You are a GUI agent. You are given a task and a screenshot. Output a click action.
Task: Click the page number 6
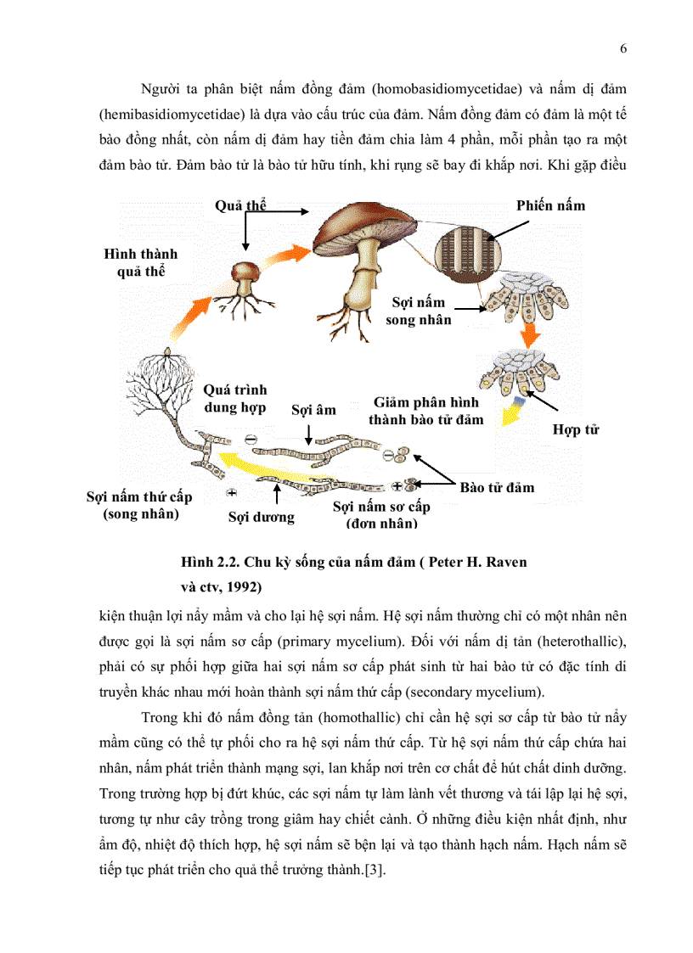coord(623,48)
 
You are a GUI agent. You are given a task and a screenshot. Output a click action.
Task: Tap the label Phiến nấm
coord(550,205)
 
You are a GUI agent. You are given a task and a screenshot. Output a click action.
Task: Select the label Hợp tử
coord(576,429)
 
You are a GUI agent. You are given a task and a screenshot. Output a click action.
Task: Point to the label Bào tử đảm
coord(497,487)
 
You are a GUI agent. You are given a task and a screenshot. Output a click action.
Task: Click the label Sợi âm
coord(313,410)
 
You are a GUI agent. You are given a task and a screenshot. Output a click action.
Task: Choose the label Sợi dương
coord(261,516)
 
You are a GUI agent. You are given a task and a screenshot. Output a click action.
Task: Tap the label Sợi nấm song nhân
coord(419,311)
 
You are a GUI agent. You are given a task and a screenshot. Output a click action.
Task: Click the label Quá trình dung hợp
coord(235,398)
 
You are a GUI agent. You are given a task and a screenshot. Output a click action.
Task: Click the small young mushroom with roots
coord(247,284)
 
